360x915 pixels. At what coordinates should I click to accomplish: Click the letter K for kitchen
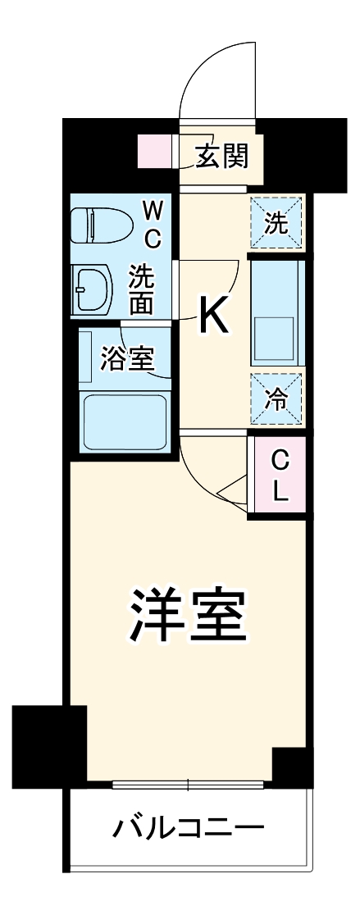(x=214, y=316)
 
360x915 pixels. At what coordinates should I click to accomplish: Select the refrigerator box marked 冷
(x=277, y=400)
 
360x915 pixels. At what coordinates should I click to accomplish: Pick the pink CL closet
(x=280, y=476)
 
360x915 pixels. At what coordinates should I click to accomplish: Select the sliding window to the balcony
(x=188, y=785)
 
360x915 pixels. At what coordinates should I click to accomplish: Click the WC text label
(x=153, y=225)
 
